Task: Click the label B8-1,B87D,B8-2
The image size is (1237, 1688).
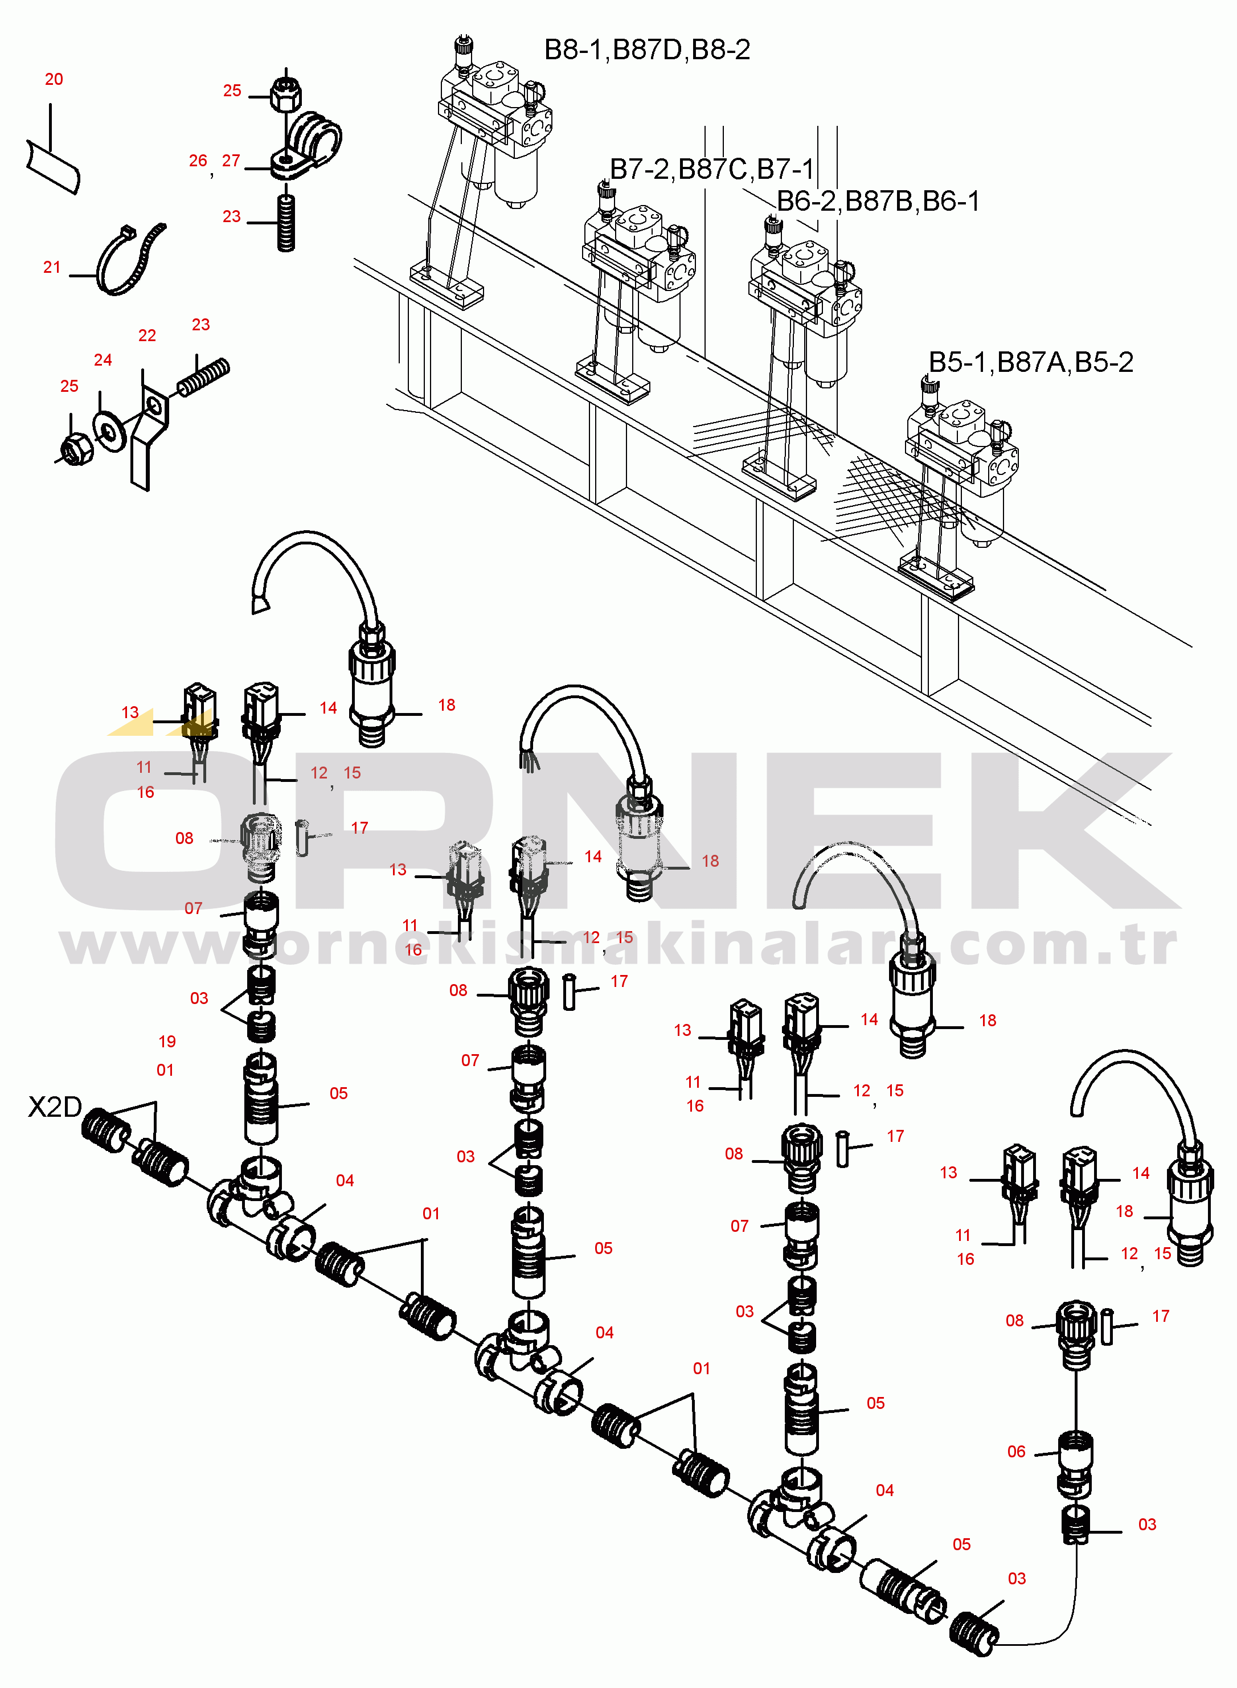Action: [x=646, y=50]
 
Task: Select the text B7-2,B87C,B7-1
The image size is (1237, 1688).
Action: [x=711, y=170]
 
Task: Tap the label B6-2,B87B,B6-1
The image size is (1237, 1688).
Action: [x=878, y=202]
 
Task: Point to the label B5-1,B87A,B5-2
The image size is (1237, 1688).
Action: [x=1030, y=362]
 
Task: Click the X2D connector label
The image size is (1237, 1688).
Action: [x=54, y=1107]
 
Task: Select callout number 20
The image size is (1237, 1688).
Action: [x=54, y=79]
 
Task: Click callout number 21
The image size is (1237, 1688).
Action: [x=52, y=267]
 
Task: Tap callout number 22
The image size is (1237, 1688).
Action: [x=147, y=336]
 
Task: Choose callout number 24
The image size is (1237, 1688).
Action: [x=103, y=360]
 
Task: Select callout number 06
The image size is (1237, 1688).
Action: [x=1016, y=1452]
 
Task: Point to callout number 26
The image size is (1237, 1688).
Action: [x=198, y=161]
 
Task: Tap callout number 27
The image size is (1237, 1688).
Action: [x=231, y=161]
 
